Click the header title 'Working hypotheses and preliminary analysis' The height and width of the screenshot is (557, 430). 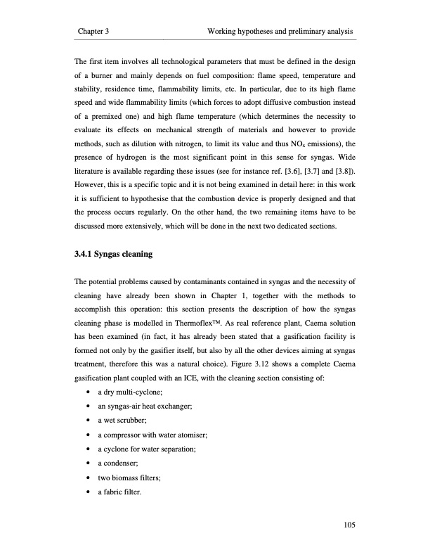[280, 32]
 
